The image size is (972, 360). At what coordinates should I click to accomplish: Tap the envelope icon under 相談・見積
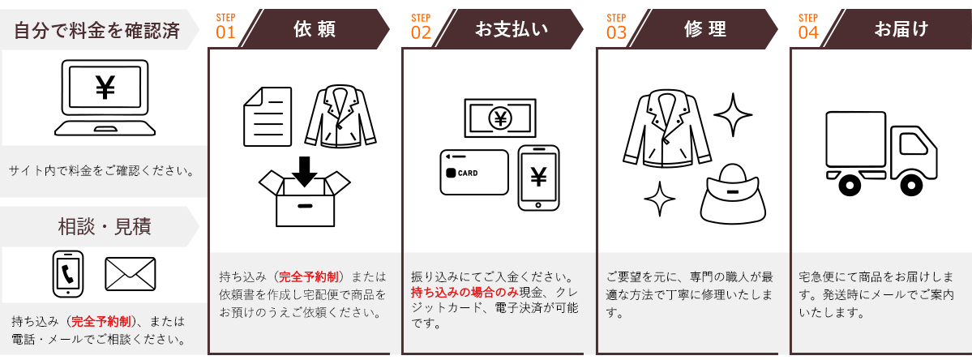131,274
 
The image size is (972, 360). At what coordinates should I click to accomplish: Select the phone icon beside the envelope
68,274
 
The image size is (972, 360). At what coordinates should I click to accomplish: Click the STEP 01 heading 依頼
315,28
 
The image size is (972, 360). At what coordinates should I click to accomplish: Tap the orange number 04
808,33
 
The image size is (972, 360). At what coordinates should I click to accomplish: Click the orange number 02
421,33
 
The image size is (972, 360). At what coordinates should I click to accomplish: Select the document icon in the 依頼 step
268,117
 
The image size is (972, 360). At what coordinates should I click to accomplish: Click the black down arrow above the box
304,172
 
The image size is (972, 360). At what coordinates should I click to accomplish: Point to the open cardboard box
304,199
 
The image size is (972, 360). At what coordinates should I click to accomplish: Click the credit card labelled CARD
474,172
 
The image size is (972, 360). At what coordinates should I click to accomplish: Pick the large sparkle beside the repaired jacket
733,114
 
